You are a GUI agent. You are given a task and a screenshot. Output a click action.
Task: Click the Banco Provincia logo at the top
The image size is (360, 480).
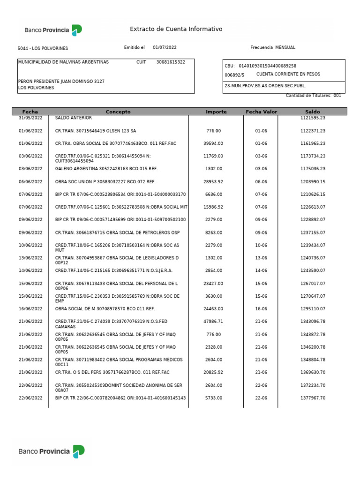point(53,30)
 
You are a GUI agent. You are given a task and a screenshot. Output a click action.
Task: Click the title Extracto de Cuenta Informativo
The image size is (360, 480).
point(176,29)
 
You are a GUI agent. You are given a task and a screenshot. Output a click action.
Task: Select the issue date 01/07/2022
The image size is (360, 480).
point(165,48)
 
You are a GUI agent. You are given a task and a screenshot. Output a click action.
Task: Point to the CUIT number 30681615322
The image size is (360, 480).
point(171,62)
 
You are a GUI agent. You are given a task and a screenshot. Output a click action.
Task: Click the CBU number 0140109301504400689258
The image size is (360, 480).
point(267,66)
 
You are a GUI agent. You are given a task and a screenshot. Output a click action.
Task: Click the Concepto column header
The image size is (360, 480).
point(118,112)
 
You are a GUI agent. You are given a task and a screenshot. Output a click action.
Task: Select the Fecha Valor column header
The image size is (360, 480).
point(261,112)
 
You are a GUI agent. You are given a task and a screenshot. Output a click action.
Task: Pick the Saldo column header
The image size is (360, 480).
point(313,112)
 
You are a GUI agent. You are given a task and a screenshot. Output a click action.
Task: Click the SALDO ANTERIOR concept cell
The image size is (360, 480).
point(74,118)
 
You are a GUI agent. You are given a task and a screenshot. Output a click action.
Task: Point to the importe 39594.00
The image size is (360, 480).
point(213,143)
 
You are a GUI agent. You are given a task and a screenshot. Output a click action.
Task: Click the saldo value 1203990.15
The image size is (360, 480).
point(313,181)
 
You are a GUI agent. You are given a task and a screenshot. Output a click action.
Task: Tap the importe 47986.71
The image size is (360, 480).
point(213,322)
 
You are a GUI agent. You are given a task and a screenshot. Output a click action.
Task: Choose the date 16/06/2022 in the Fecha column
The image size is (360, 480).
point(30,309)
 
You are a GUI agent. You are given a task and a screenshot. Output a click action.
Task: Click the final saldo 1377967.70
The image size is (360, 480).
point(313,398)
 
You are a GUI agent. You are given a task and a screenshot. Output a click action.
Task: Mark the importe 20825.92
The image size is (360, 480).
point(213,373)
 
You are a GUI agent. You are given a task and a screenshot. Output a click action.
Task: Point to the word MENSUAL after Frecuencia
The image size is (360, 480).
point(285,48)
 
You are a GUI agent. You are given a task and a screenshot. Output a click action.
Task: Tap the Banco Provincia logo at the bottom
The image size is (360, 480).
point(52,451)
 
